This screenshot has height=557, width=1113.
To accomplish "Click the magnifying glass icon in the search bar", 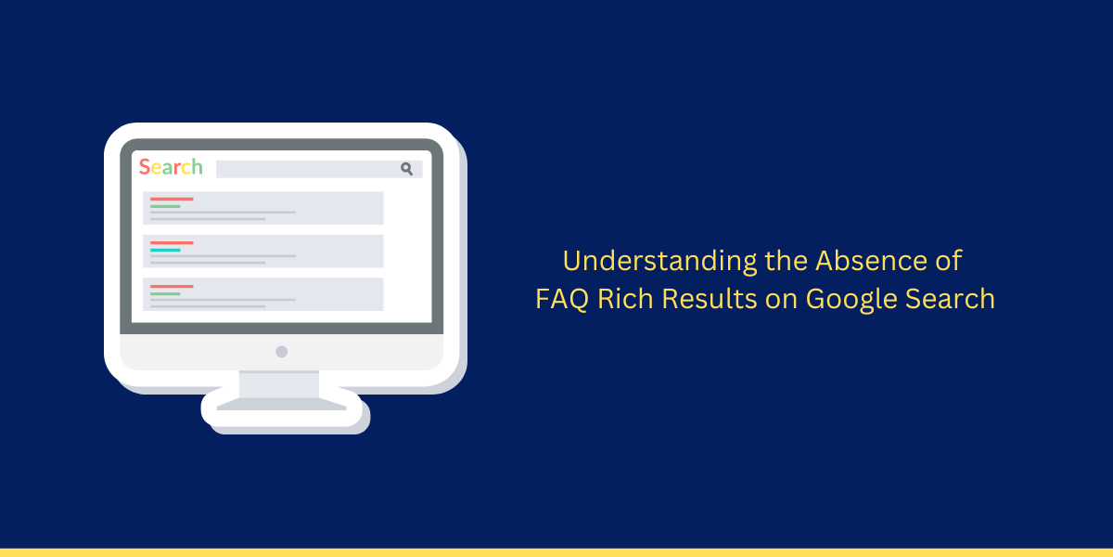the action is [x=406, y=169].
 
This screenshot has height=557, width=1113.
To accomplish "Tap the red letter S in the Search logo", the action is [x=144, y=167].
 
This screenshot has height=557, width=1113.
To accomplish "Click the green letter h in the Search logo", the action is [x=198, y=166].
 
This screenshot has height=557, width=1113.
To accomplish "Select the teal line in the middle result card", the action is [x=165, y=250].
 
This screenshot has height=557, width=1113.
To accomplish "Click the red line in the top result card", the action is [x=172, y=199].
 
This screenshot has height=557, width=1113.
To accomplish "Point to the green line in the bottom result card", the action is [x=165, y=294].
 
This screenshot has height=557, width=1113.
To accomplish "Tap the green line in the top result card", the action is [x=165, y=206].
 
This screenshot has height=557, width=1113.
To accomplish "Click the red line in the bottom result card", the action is [x=172, y=287].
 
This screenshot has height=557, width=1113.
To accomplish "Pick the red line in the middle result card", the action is [x=172, y=242].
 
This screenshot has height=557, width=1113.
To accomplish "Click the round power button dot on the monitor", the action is [x=282, y=352].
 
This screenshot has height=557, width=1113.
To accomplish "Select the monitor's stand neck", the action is [x=279, y=384].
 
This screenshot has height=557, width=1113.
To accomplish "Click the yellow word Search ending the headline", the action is [x=950, y=298].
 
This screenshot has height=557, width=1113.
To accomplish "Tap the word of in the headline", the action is [x=949, y=261].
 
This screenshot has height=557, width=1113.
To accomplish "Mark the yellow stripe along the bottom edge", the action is [x=556, y=552].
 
